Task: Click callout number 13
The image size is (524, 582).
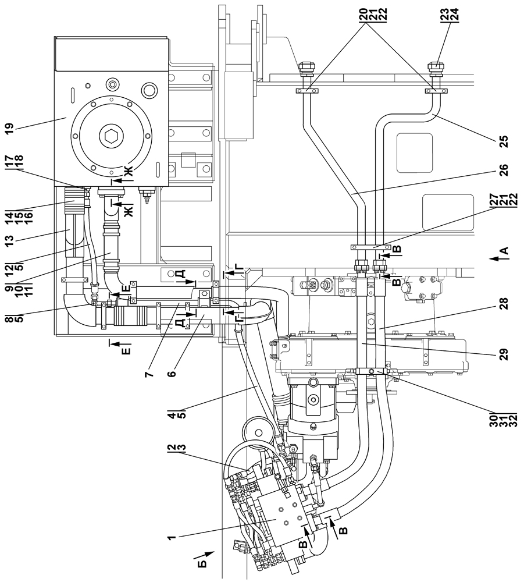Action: point(10,238)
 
